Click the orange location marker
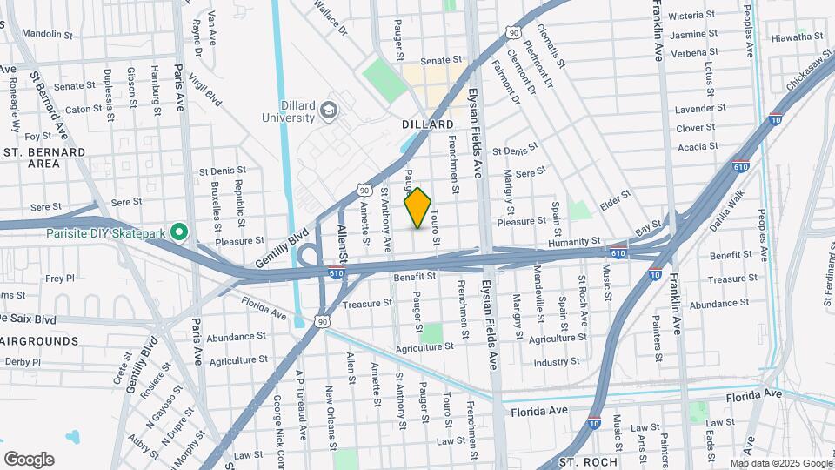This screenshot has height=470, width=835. coord(418,208)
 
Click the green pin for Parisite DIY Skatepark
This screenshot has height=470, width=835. coord(179,232)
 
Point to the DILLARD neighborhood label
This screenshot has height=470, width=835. coord(428,125)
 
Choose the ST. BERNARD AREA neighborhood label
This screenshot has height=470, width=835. coord(43,158)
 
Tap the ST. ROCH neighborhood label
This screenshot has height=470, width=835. coord(588,461)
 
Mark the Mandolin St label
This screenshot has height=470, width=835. coord(47,34)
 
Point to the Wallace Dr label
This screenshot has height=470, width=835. coord(331,19)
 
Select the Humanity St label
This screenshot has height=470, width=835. coord(573,241)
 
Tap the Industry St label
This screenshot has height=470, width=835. coord(557,361)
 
